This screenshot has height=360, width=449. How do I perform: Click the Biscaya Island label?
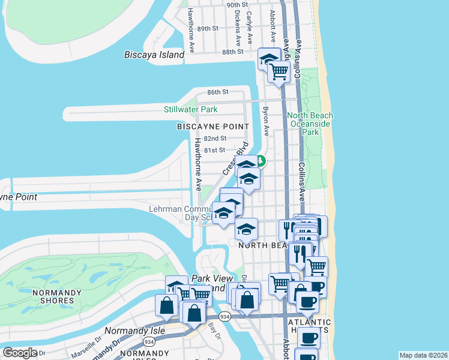154,55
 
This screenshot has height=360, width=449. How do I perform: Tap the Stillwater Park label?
191,109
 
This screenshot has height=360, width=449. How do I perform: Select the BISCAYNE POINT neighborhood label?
212,127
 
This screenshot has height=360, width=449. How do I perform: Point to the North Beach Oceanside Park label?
310,124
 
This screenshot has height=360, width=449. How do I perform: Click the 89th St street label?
207,28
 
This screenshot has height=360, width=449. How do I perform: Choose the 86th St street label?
218,92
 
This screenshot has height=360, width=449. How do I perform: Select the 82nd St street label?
214,138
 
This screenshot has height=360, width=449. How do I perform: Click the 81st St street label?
214,150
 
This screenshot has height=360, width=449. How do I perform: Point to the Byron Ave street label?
265,121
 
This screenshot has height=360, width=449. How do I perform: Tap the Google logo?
19,353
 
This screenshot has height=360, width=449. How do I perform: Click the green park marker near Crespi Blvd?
261,161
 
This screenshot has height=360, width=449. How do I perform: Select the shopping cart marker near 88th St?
279,71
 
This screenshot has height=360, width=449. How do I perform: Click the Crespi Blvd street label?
235,158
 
